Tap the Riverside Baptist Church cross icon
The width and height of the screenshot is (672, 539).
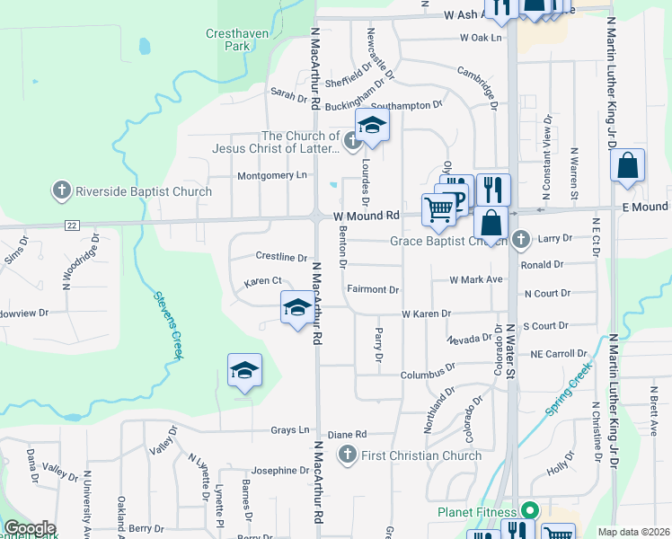[62, 191]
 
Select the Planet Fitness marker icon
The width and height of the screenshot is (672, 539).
[530, 511]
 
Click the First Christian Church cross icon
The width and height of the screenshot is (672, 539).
[348, 455]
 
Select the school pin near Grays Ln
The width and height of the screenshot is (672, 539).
[243, 371]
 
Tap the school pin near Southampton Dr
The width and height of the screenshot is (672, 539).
[372, 126]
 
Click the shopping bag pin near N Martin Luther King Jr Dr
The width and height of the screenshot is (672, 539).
[627, 165]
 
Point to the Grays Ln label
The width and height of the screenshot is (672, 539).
[290, 430]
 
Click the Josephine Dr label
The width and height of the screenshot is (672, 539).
[280, 471]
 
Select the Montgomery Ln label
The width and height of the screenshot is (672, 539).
[271, 175]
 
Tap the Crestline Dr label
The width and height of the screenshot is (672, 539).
[281, 257]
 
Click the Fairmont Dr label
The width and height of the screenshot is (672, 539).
[373, 290]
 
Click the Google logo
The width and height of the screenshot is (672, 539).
[29, 528]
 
